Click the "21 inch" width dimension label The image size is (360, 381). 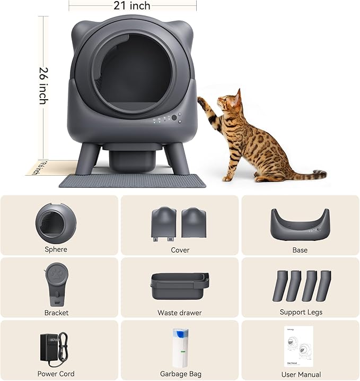132,6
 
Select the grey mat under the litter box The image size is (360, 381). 133,181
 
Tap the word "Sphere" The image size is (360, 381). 56,249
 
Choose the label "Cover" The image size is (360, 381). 180,250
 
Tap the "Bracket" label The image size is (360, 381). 56,313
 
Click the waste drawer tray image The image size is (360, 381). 180,287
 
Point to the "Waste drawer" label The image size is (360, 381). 180,313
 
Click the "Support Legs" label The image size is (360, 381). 301,312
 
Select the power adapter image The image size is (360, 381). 52,347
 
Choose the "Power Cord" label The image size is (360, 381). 56,373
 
